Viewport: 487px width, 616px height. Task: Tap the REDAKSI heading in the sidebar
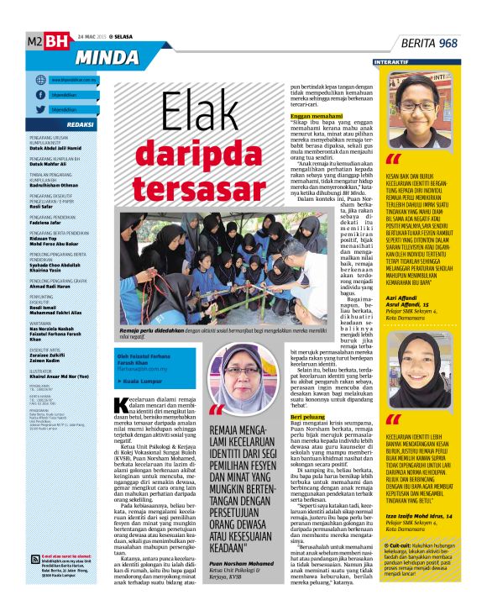pyautogui.click(x=80, y=124)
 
